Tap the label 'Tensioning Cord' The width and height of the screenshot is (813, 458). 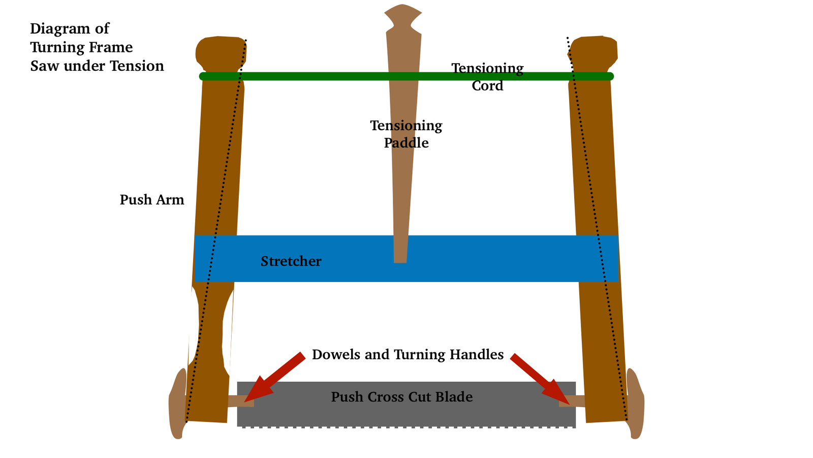[x=487, y=77]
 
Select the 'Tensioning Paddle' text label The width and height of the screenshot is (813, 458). [x=406, y=134]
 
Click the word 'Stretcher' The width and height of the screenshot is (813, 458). [x=291, y=262]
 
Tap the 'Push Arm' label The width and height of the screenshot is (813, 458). [x=152, y=199]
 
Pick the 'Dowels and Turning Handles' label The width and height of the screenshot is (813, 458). [x=408, y=355]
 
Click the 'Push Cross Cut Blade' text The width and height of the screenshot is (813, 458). [x=402, y=397]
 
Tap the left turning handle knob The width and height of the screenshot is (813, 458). [x=177, y=404]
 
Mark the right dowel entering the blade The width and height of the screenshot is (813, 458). [x=572, y=401]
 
